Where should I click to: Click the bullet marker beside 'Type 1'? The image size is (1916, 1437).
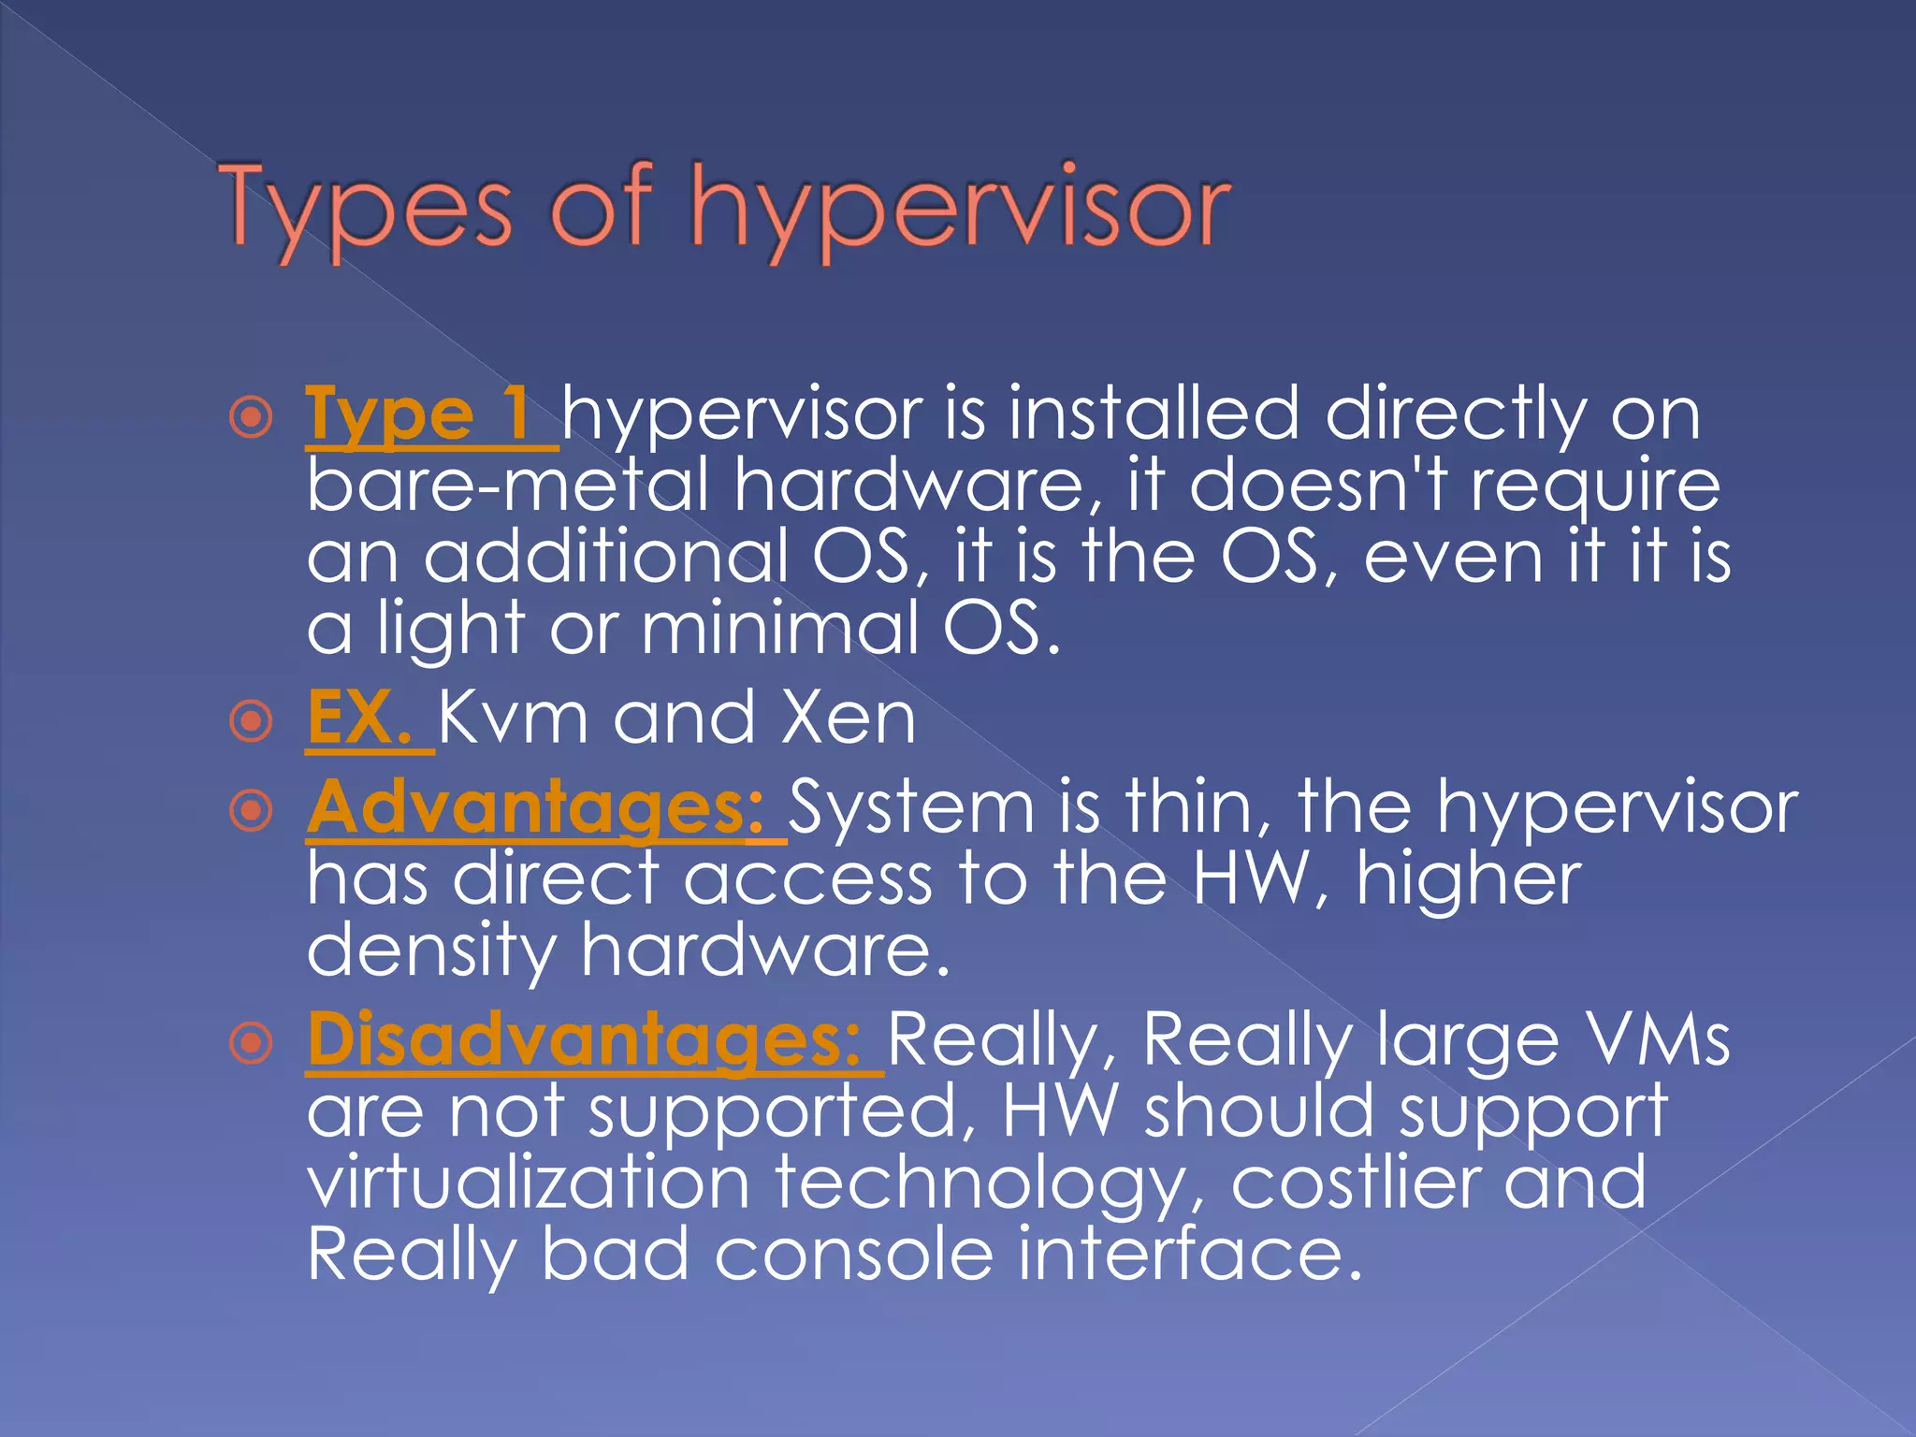251,417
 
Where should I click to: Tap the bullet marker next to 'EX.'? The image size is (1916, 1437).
251,721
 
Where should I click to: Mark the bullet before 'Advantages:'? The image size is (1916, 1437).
251,810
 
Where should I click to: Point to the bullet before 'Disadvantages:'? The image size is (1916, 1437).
251,1043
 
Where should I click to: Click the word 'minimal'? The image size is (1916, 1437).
780,628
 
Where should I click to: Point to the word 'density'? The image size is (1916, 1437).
431,951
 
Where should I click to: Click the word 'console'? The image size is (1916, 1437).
853,1254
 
